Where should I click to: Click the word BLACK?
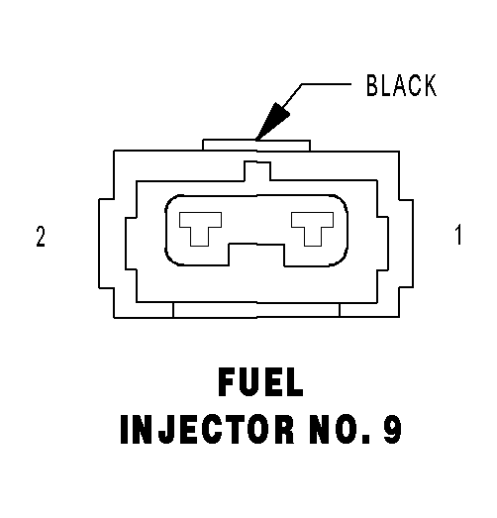point(402,85)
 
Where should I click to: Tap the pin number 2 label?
point(41,236)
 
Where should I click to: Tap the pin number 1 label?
point(458,235)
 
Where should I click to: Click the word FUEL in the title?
point(260,382)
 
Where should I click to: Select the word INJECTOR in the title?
point(207,429)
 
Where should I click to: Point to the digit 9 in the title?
point(392,429)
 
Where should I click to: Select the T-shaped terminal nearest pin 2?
point(200,229)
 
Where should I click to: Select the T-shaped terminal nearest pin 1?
point(312,229)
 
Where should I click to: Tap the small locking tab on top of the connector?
point(256,145)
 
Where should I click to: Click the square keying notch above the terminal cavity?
point(257,170)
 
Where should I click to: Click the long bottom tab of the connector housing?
point(256,310)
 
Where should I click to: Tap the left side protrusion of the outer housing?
point(106,244)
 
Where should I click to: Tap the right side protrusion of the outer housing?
point(406,244)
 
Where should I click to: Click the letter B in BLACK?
point(372,85)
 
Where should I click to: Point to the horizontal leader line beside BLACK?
point(326,84)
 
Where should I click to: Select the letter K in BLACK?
point(431,85)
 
